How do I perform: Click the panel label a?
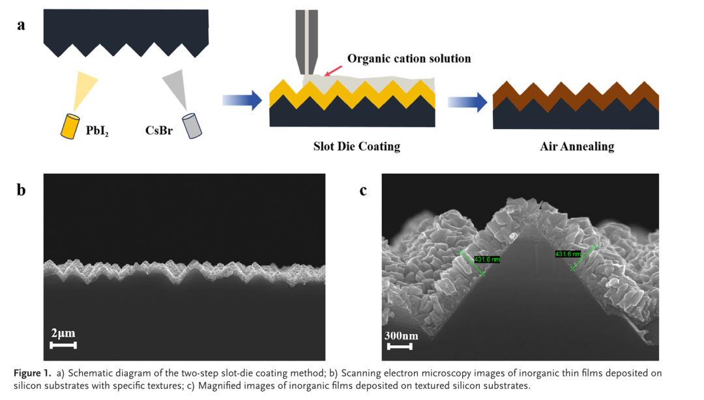click(x=22, y=25)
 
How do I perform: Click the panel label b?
click(x=22, y=190)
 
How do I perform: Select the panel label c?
click(x=363, y=190)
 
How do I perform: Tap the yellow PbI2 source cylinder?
click(x=69, y=126)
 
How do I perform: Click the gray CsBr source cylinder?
click(x=192, y=126)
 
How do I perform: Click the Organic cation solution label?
click(x=409, y=59)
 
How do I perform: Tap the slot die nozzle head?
click(x=305, y=39)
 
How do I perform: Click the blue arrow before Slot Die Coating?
click(x=242, y=100)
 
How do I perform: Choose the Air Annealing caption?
click(x=577, y=146)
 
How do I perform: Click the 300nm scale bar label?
click(x=400, y=336)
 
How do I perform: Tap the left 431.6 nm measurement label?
click(x=487, y=259)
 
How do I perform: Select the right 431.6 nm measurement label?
click(x=567, y=253)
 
